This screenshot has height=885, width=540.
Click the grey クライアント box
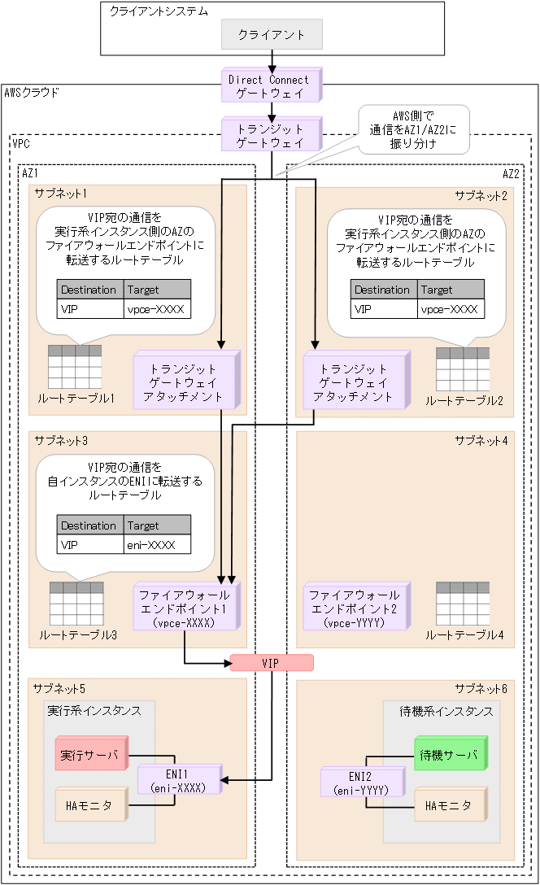(x=272, y=35)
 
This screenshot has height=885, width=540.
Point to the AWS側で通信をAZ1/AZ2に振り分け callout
(x=414, y=129)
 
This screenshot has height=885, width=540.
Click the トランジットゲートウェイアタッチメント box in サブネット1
(x=187, y=381)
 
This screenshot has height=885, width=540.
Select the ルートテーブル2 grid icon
(x=463, y=369)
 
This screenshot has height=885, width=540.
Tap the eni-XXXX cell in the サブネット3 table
(x=157, y=545)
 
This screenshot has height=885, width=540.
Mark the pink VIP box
(x=271, y=663)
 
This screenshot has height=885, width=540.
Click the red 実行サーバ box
(x=89, y=755)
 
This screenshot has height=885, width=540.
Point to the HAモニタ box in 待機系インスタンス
(x=448, y=804)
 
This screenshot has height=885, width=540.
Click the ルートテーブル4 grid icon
(x=463, y=604)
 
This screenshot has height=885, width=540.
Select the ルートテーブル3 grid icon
(x=76, y=604)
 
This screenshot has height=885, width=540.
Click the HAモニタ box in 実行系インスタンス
(x=89, y=805)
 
